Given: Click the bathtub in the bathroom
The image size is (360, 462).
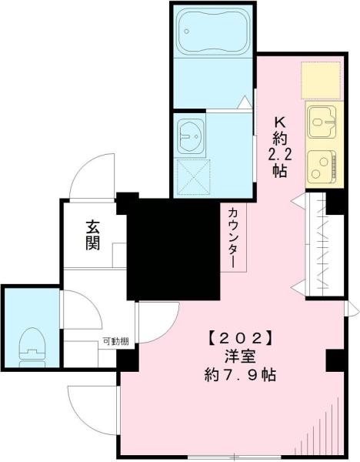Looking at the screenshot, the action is coord(212,32).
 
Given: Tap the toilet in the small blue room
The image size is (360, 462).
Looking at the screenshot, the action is coord(32,348).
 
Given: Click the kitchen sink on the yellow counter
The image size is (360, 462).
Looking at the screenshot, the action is coord(322,122).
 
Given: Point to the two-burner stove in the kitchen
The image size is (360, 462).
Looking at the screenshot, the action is coord(322,166).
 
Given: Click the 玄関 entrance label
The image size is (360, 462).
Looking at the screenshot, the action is coord(93,236).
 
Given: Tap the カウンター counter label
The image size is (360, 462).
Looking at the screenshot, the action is coord(233,238).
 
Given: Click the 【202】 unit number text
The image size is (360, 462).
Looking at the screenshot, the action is coord(239,339).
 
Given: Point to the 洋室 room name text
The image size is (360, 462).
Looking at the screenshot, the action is coord(239,357).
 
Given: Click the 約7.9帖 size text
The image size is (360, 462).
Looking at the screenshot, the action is coord(239,375).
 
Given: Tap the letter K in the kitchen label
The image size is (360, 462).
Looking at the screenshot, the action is coord(280,122).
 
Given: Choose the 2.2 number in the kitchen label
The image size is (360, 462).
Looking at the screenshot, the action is coord(279,154).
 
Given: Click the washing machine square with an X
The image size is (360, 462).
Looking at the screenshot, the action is coord(193,177).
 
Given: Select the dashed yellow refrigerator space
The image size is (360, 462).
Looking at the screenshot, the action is coord(321,80).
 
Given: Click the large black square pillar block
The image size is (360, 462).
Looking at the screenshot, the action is coord(173,249).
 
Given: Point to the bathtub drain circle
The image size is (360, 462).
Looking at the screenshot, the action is coord(185,32).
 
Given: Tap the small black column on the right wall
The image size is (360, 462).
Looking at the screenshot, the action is coord(335,361).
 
